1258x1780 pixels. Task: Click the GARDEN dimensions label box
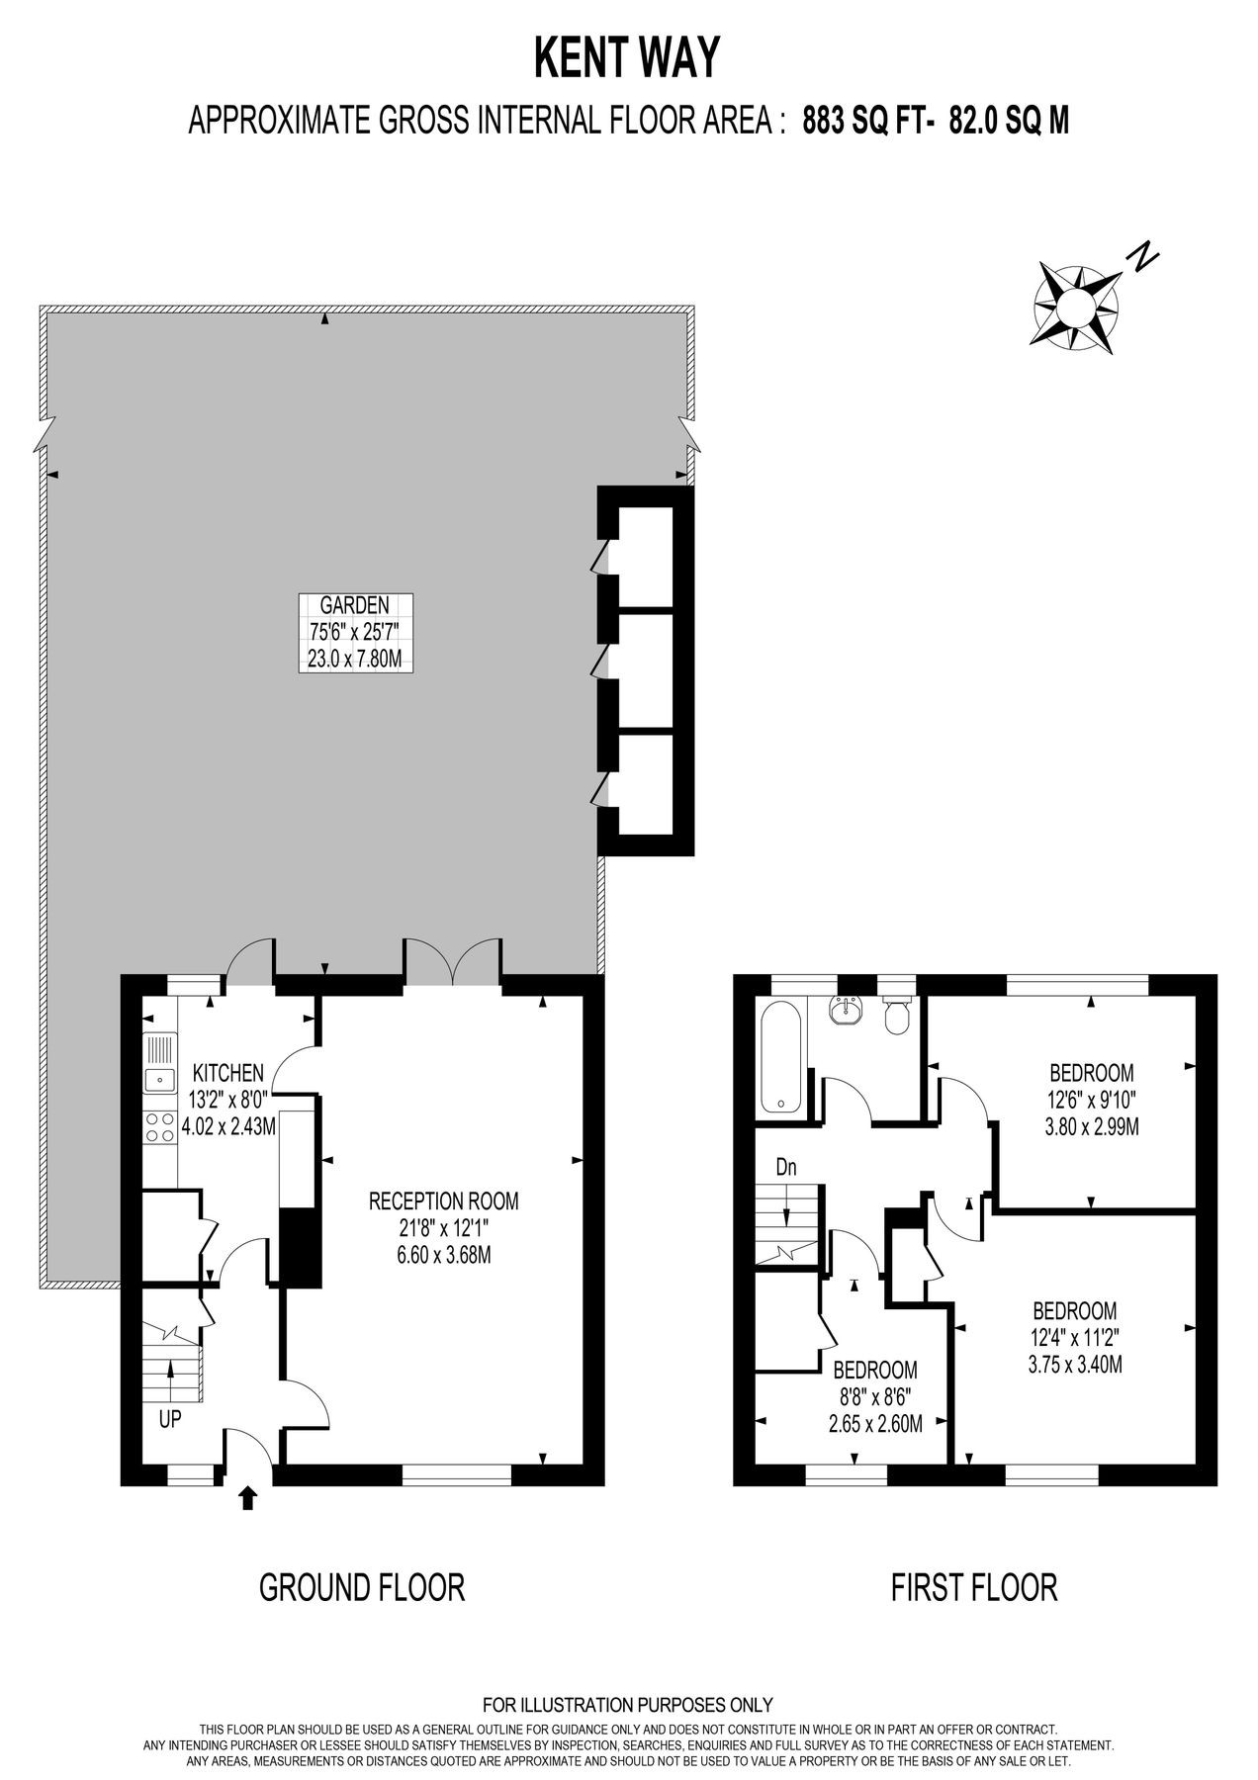(355, 633)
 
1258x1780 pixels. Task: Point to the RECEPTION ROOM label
(444, 1201)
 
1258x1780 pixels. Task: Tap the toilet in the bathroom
(897, 1016)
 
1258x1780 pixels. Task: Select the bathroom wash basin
(846, 1011)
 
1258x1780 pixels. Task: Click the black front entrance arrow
(247, 1497)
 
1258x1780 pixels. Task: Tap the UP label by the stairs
(170, 1419)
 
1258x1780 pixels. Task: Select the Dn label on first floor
(786, 1167)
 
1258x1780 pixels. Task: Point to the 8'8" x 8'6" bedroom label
(875, 1424)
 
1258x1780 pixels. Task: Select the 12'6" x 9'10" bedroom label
(1091, 1099)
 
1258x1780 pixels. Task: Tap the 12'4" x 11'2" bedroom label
(1075, 1338)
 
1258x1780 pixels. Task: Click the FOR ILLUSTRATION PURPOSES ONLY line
(628, 1705)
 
